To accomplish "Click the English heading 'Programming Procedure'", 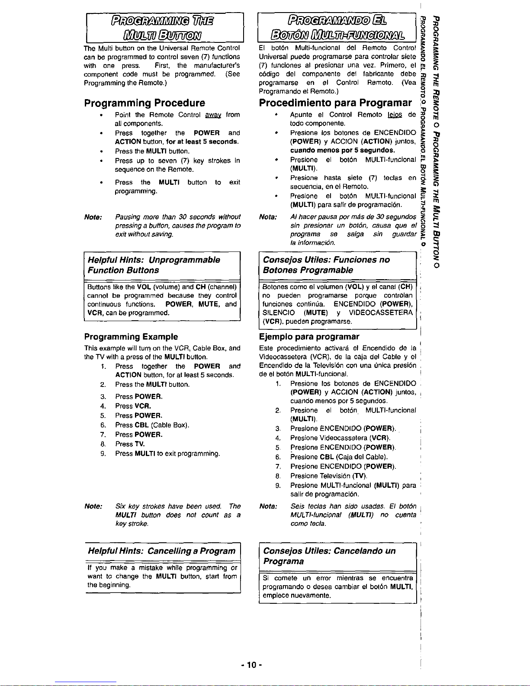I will pyautogui.click(x=145, y=103).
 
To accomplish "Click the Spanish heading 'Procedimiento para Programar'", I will pyautogui.click(x=335, y=103).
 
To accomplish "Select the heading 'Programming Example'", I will pyautogui.click(x=131, y=337).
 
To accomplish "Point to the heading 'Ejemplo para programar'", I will pyautogui.click(x=309, y=337).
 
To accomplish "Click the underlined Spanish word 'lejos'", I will pyautogui.click(x=395, y=115).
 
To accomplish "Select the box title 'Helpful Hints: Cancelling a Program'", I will pyautogui.click(x=161, y=551).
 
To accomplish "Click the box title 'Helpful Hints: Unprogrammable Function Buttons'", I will pyautogui.click(x=154, y=265).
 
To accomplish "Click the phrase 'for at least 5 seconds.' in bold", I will pyautogui.click(x=202, y=142).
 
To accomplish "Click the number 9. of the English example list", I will pyautogui.click(x=103, y=454).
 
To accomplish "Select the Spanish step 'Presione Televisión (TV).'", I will pyautogui.click(x=329, y=476).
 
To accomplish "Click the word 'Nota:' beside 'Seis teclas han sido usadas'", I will pyautogui.click(x=268, y=506).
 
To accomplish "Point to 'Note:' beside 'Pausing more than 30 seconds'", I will pyautogui.click(x=93, y=217).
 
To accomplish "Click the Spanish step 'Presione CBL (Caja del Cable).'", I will pyautogui.click(x=339, y=457).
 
